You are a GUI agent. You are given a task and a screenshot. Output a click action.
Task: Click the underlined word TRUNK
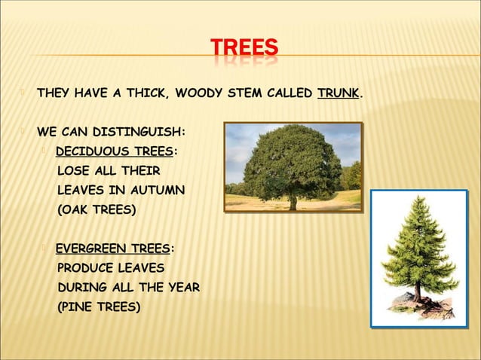pos(339,94)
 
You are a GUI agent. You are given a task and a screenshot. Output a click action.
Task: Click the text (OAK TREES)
pos(97,210)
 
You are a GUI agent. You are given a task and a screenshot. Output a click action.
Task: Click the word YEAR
pos(182,287)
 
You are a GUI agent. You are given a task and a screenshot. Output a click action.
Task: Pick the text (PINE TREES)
pos(99,307)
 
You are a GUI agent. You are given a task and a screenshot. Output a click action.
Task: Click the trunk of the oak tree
pos(293,202)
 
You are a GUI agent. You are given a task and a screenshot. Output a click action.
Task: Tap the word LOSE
pos(72,171)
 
